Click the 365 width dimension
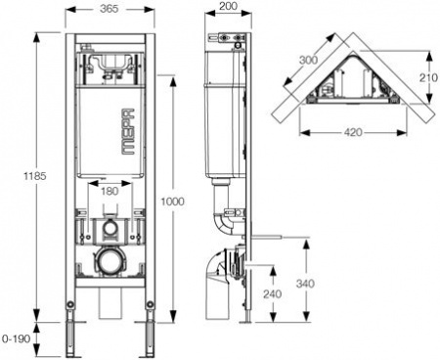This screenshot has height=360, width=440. (x=110, y=8)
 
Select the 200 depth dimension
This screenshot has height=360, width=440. (x=229, y=8)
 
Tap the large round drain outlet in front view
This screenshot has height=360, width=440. (x=110, y=263)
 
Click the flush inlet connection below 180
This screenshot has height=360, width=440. (x=110, y=232)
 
